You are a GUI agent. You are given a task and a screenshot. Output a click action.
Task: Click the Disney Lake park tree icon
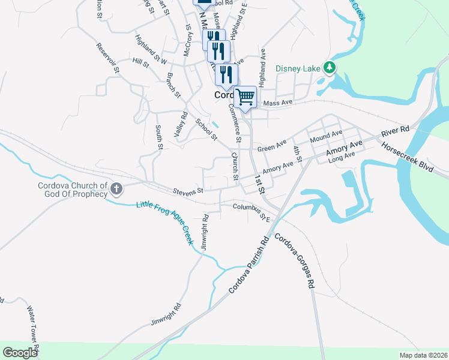(x=329, y=68)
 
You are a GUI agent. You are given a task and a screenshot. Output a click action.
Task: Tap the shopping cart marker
(x=245, y=96)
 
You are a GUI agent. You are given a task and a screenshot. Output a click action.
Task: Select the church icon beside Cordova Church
(x=116, y=190)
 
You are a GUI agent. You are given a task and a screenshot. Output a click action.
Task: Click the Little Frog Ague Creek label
(x=164, y=223)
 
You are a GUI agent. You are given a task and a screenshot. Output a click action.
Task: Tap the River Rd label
(x=395, y=130)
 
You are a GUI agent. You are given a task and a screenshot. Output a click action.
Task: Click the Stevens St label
(x=188, y=191)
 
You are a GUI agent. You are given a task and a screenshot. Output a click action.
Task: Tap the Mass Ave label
(x=277, y=103)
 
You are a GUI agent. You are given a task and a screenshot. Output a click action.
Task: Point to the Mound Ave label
(x=326, y=136)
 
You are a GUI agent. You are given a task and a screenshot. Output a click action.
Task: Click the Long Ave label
(x=342, y=155)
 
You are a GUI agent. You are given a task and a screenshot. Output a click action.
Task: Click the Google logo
(x=20, y=352)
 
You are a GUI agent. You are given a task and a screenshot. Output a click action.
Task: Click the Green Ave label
(x=272, y=146)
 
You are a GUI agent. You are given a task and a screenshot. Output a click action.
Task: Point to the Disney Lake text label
(x=298, y=68)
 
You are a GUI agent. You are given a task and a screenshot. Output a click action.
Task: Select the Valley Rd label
(x=181, y=124)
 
